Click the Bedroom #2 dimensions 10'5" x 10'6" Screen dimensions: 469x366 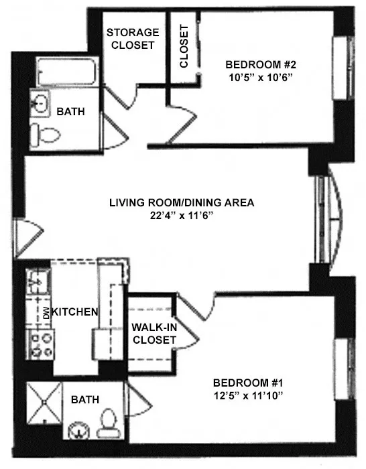[261, 78]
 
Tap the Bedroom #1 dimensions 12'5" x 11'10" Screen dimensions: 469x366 [249, 395]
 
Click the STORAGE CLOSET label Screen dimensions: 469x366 [133, 39]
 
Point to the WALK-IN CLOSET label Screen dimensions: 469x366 [154, 334]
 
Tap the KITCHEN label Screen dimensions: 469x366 [75, 312]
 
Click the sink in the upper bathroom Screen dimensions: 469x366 [41, 105]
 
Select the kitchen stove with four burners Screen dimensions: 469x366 [39, 344]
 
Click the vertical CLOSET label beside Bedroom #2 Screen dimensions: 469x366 [184, 47]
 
